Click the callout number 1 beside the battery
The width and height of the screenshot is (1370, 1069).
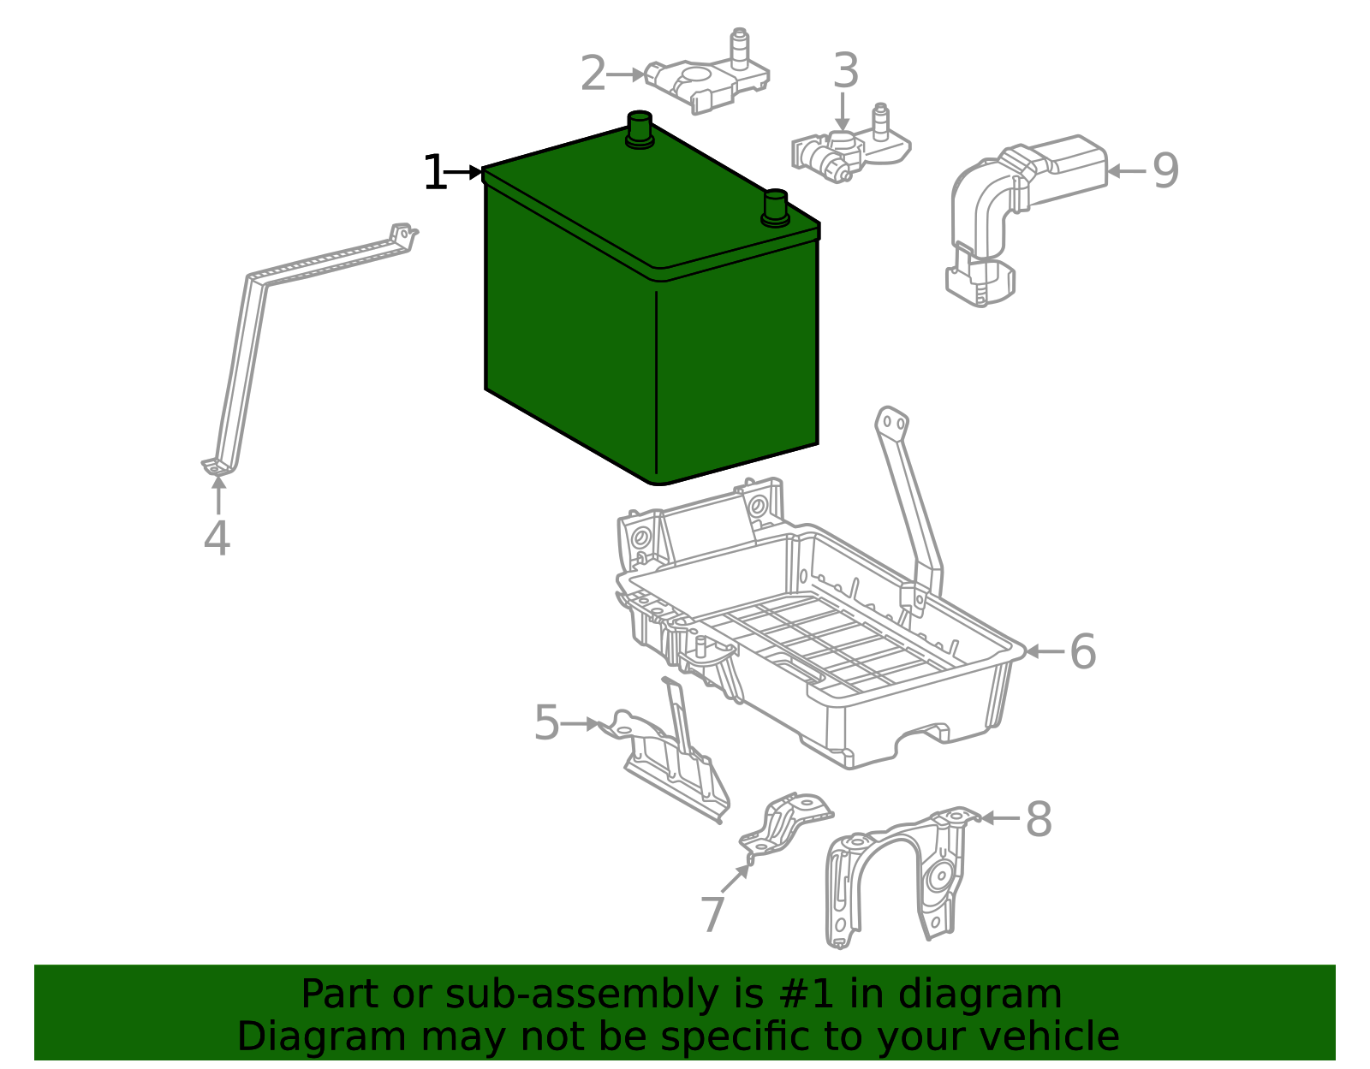pos(435,172)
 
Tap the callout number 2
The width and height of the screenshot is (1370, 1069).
pos(593,73)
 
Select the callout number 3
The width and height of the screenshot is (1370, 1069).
pos(845,70)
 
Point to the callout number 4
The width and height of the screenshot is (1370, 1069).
pos(217,538)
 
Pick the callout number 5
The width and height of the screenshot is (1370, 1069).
pos(546,722)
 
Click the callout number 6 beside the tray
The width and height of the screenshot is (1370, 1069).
pos(1083,650)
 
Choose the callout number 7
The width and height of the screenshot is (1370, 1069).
pos(712,913)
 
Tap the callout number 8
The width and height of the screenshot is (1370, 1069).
pos(1039,819)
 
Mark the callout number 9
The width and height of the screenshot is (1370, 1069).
pos(1165,170)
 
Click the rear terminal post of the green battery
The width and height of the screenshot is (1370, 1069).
pos(640,130)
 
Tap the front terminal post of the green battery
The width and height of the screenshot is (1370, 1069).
pos(775,208)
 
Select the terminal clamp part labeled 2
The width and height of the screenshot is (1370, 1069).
pos(707,73)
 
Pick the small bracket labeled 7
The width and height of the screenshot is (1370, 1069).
pos(785,825)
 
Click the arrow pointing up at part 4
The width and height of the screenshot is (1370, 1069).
pos(218,496)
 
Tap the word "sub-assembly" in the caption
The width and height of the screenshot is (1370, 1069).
pos(581,995)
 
